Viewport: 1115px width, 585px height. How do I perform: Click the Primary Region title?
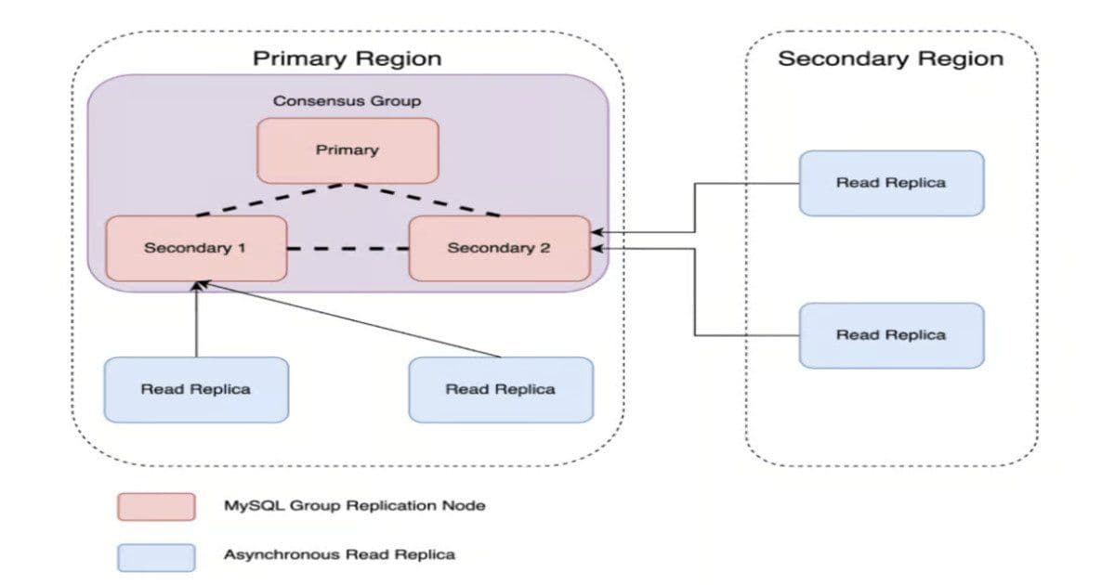click(348, 58)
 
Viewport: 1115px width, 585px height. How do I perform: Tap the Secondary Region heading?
click(890, 58)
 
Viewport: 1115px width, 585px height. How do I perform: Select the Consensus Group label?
click(348, 100)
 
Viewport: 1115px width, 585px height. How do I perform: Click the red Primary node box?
click(348, 149)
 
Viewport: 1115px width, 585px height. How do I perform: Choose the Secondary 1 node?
click(196, 248)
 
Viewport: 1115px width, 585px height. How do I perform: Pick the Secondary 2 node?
click(499, 248)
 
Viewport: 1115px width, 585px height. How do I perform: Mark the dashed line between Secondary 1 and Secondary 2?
click(348, 249)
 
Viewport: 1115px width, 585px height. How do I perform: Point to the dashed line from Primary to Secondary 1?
click(269, 200)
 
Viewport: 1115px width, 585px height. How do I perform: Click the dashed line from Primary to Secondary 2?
click(425, 200)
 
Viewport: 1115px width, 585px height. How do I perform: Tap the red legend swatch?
click(156, 507)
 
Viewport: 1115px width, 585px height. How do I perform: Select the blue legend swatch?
click(156, 556)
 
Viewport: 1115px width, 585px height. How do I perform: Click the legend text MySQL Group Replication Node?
click(354, 506)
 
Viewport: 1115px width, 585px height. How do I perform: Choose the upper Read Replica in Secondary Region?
click(890, 183)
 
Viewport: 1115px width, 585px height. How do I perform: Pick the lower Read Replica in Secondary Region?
click(890, 335)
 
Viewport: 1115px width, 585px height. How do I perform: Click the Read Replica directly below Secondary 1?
click(196, 389)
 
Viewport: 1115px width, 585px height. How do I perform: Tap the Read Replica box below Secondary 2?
click(501, 389)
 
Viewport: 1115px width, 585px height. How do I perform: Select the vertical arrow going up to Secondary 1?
click(196, 320)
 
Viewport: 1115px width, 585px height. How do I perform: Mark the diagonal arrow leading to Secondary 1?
click(353, 321)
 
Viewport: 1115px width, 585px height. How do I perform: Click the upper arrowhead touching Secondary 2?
click(597, 232)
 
